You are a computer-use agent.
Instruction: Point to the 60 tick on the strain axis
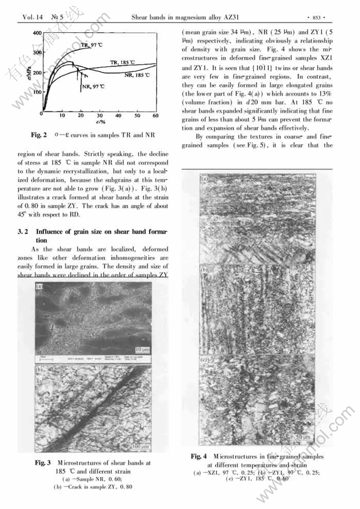click(156, 115)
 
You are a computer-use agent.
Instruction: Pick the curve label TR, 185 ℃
click(122, 63)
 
